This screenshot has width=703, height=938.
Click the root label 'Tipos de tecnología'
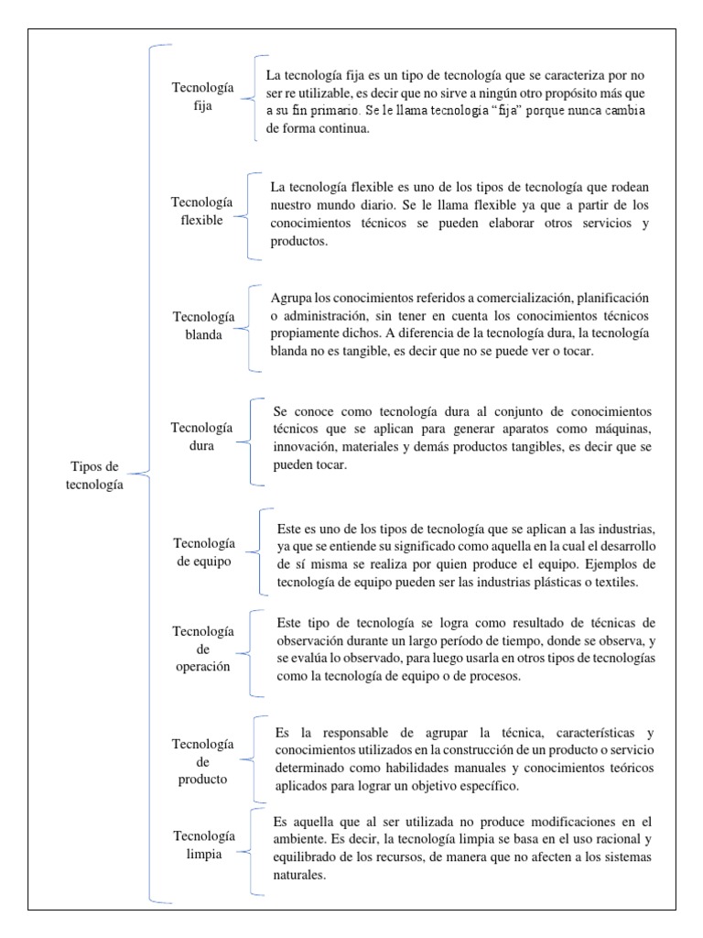94,475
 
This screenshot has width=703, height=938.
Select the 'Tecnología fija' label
203,96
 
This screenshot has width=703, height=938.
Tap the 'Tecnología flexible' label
202,212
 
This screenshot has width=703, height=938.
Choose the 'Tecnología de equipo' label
203,551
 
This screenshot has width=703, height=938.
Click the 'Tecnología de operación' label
203,649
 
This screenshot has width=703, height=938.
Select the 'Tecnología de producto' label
203,751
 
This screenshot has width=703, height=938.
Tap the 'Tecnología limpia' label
202,845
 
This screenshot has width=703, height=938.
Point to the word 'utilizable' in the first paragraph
330,94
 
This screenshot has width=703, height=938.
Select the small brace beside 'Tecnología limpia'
253,848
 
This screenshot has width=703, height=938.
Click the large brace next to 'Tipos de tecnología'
151,474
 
